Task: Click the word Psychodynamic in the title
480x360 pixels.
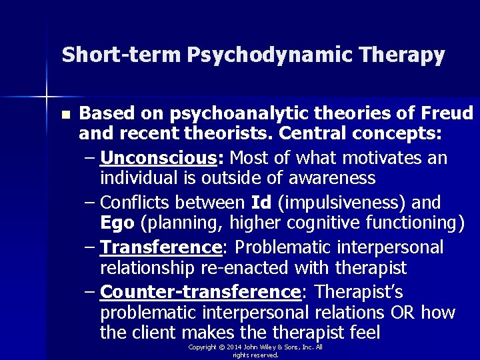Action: coord(273,55)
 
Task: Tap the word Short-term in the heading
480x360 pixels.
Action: coord(121,55)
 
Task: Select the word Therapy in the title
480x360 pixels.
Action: coord(404,55)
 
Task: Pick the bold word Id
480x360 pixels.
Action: coord(261,203)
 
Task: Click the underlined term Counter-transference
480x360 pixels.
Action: coord(199,293)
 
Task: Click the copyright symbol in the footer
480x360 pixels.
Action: coord(221,347)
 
